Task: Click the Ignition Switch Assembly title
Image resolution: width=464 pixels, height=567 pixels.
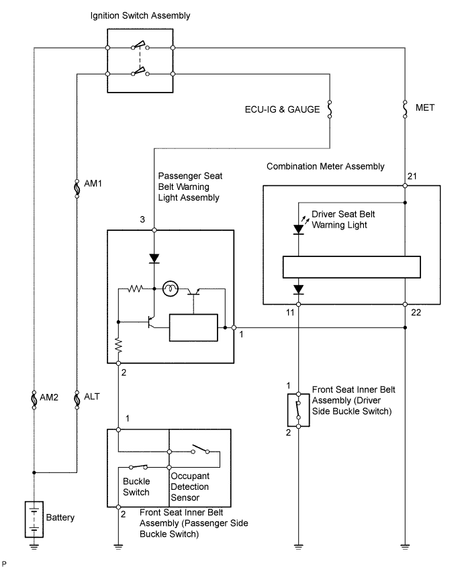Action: (140, 15)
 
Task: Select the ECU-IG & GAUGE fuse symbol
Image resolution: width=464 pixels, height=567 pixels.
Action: (329, 109)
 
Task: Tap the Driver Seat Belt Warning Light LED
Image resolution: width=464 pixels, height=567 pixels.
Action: (299, 229)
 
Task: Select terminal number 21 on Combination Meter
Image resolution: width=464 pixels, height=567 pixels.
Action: (411, 176)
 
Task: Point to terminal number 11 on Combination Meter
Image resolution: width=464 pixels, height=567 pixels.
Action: (289, 313)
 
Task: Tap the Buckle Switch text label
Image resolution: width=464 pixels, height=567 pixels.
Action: (136, 486)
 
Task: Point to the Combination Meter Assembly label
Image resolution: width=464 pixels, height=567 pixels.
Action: (325, 166)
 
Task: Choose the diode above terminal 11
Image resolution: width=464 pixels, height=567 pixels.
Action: (299, 290)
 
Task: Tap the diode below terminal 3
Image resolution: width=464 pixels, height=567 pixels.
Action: (154, 258)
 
